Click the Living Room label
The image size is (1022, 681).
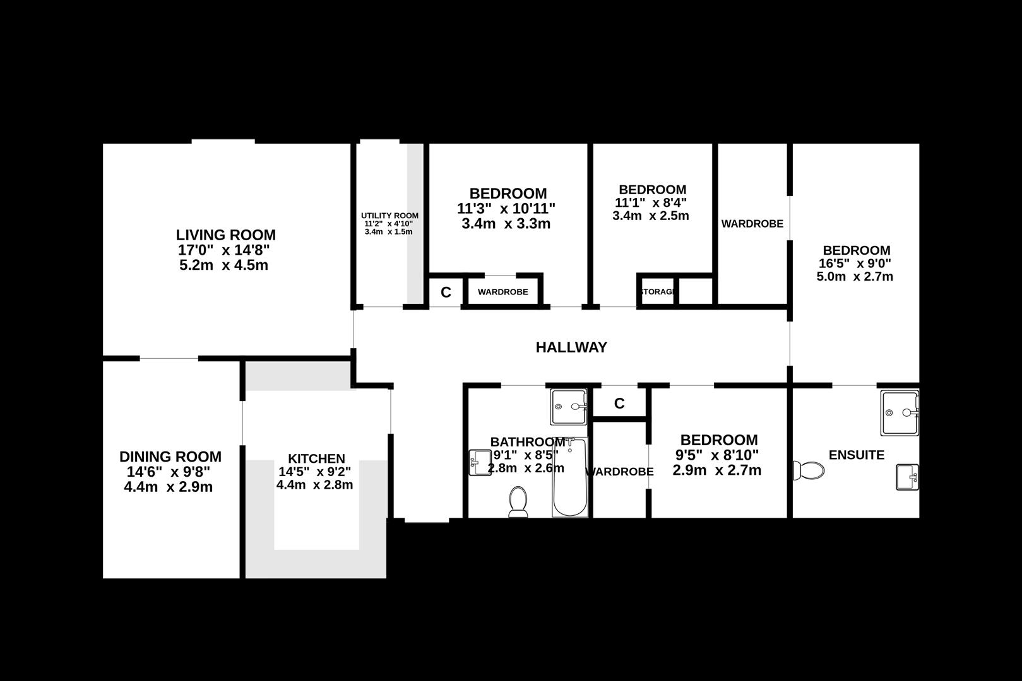click(x=225, y=235)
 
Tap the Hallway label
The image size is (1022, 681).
click(x=571, y=347)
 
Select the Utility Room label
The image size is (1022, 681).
click(x=389, y=216)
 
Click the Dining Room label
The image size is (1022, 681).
click(x=170, y=457)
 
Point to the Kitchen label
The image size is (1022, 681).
click(x=316, y=458)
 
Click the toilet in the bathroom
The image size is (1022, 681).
click(x=518, y=502)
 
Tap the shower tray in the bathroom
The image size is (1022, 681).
click(x=569, y=407)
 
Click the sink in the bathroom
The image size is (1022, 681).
click(x=480, y=462)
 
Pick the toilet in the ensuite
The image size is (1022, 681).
click(x=809, y=470)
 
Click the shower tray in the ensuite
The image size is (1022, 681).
click(x=900, y=412)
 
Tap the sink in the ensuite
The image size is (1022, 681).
click(x=907, y=477)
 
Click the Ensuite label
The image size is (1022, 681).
click(x=856, y=455)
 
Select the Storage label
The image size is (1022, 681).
click(x=657, y=292)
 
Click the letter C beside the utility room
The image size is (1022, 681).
click(x=446, y=293)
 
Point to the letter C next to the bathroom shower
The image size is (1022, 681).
click(x=619, y=404)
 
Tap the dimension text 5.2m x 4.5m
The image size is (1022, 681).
click(x=224, y=265)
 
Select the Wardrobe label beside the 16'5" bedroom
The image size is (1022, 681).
click(x=752, y=224)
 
